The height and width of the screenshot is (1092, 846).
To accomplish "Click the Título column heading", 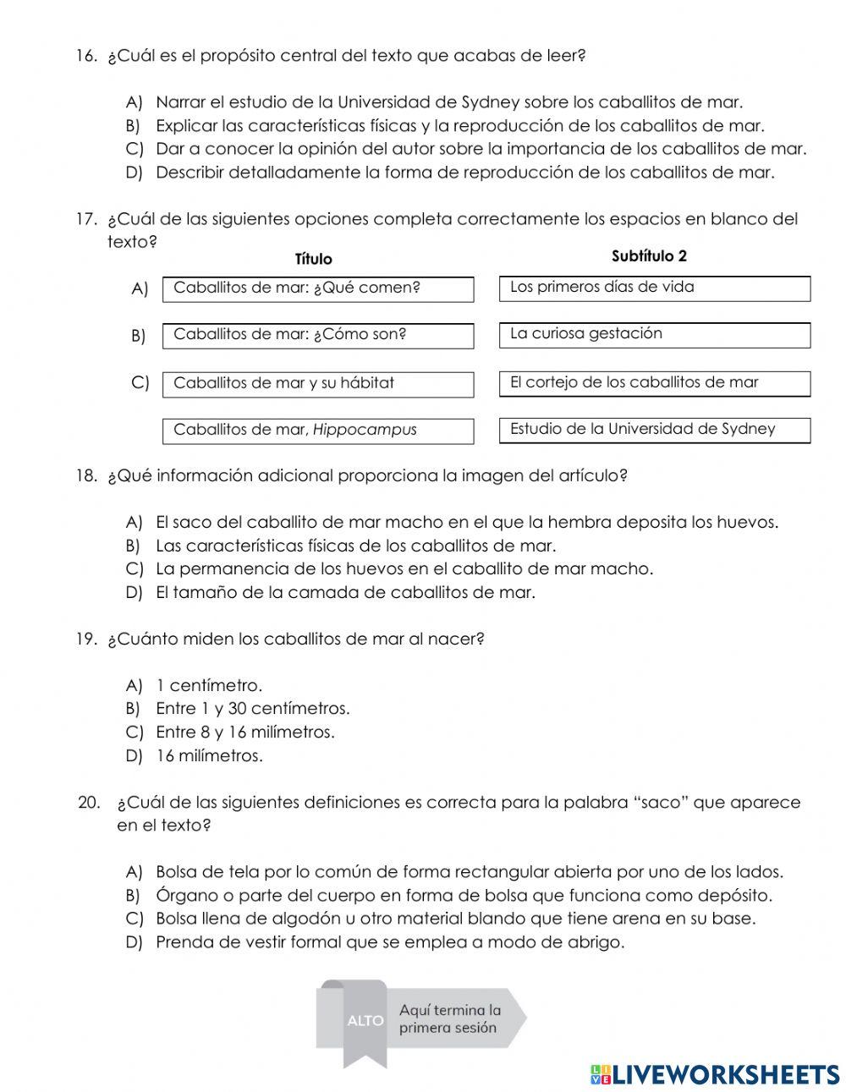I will click(x=313, y=259).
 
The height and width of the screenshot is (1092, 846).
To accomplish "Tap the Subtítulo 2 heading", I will click(x=649, y=255).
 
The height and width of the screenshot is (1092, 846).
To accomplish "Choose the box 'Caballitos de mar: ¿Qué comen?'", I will click(x=317, y=288).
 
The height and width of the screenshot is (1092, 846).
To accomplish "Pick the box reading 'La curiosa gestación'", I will click(x=654, y=334).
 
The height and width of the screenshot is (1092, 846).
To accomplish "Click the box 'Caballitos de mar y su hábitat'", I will click(x=317, y=383).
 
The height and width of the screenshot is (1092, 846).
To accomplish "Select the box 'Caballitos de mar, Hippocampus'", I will click(x=317, y=430).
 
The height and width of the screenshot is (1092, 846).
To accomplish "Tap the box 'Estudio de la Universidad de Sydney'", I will click(x=654, y=430).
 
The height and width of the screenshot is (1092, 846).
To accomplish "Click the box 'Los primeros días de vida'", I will click(x=654, y=288).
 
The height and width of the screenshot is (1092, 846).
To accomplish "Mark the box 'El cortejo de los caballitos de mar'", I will click(x=654, y=382).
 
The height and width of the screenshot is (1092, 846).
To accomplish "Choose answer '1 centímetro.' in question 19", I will click(x=209, y=685).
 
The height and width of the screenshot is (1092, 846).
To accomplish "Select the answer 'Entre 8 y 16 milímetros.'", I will click(x=245, y=732).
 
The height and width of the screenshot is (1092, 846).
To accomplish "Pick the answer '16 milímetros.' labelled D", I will click(x=209, y=755).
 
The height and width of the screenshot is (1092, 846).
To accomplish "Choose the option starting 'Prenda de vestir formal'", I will click(x=389, y=941).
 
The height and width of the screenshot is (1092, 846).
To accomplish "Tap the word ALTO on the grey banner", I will click(x=365, y=1020).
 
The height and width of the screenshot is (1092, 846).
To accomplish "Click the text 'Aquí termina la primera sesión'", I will click(x=449, y=1018).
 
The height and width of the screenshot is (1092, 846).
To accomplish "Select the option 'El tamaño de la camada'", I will click(x=345, y=592).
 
